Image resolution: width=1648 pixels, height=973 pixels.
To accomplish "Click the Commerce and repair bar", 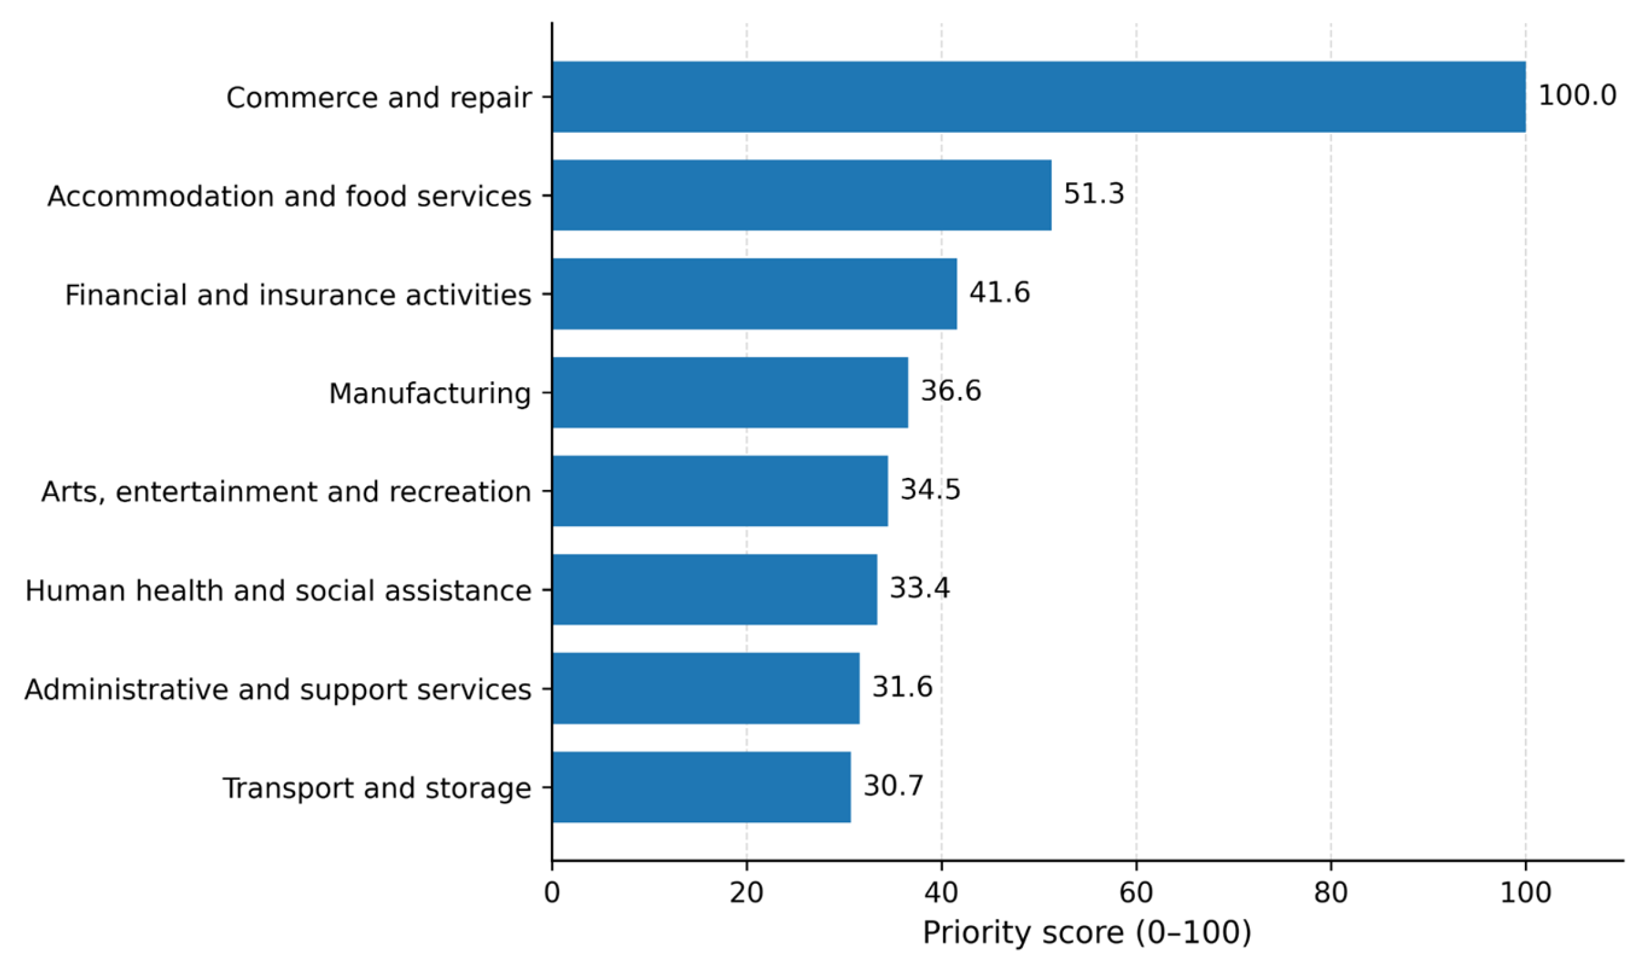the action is point(1039,97).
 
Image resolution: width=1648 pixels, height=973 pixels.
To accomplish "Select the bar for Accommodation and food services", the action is point(802,196).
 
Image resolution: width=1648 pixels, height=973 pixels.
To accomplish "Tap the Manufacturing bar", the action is point(730,393).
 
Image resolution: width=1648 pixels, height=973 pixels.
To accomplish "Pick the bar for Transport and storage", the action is point(702,788).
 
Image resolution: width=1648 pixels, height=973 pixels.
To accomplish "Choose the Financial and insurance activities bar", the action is point(755,294).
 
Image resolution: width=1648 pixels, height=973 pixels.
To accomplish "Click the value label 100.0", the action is point(1577,96).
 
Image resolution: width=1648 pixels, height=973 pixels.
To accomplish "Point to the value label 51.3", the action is point(1094,194).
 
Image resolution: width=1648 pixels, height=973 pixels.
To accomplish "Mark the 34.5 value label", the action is point(931,490).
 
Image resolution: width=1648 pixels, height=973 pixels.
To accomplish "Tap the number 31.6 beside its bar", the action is point(903,687).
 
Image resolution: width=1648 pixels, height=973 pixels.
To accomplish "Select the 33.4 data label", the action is point(920,588).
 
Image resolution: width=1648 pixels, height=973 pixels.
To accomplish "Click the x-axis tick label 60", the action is point(1136,893).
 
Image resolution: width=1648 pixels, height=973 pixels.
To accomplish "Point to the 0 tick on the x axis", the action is point(552,893).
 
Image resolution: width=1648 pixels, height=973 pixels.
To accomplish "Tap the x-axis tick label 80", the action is point(1331,893).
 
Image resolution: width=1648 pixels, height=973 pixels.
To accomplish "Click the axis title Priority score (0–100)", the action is point(1087,934).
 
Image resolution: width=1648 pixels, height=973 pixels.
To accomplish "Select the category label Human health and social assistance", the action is point(278,591).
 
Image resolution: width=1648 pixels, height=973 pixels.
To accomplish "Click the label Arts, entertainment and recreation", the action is point(286,492).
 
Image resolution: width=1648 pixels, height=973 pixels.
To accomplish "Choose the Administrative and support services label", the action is point(278,690).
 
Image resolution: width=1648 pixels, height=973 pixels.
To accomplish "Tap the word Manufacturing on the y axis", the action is point(430,393).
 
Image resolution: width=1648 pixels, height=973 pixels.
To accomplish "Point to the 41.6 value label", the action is point(1000,292).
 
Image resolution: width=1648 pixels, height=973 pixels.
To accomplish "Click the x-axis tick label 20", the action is point(746,893).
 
